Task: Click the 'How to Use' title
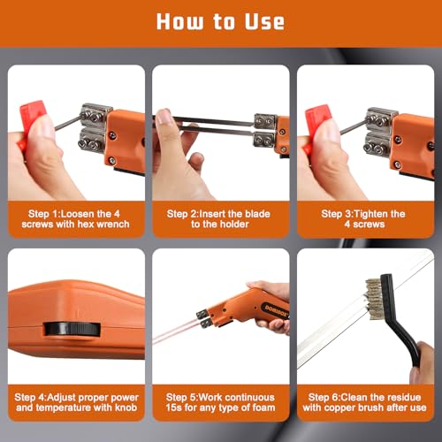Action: (x=221, y=21)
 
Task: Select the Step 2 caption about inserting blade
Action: (x=221, y=218)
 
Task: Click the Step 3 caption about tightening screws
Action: (x=363, y=218)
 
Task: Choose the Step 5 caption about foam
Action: (x=221, y=402)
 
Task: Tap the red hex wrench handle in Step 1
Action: (x=33, y=118)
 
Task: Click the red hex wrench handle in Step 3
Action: (x=318, y=118)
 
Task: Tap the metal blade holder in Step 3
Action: (x=381, y=126)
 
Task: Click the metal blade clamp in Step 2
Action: (x=263, y=128)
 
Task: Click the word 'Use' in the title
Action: (x=262, y=21)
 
